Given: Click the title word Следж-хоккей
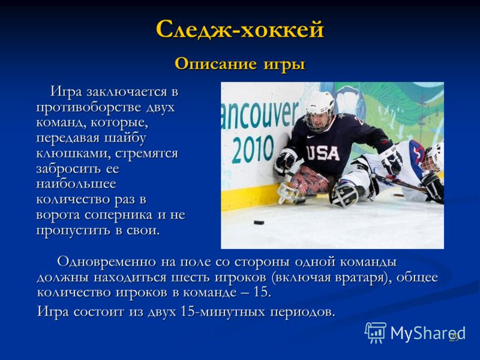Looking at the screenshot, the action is (x=239, y=29).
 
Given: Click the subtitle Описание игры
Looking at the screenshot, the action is (x=240, y=64).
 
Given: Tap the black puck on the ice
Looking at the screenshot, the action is (x=259, y=222).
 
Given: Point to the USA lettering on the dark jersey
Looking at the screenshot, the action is (x=323, y=154).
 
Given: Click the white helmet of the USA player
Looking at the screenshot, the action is (x=320, y=106).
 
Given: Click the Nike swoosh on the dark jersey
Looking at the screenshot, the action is (x=310, y=137).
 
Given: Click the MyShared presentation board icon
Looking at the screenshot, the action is (x=376, y=332).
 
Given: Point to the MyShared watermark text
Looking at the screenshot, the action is (x=428, y=333).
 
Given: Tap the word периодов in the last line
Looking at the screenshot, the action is (x=302, y=312).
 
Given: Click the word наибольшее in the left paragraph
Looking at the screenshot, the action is (x=76, y=184).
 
